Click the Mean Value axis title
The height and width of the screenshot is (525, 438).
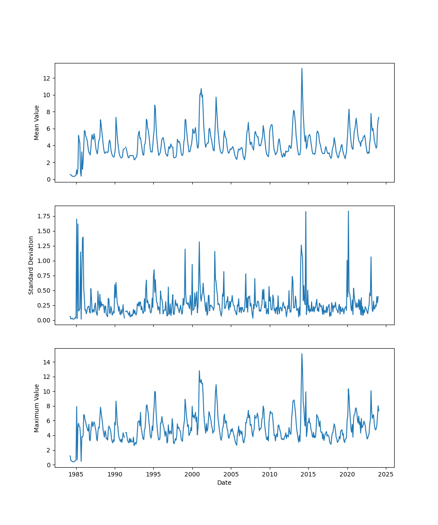point(37,122)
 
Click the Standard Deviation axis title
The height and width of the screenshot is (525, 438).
point(31,265)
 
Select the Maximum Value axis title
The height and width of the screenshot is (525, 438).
point(37,408)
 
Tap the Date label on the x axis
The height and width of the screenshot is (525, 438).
point(224,483)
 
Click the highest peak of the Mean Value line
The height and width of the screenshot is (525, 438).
point(302,68)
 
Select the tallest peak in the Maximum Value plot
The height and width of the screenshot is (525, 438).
point(302,354)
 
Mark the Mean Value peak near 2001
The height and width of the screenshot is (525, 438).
point(201,88)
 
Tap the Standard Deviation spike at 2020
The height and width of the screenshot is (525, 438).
point(348,211)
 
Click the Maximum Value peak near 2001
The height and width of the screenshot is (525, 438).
point(199,371)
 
